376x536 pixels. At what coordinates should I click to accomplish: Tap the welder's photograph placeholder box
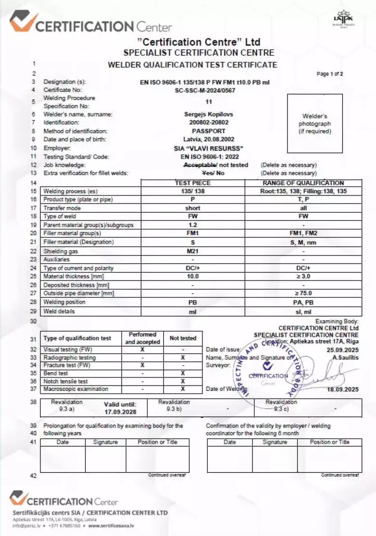click(314, 123)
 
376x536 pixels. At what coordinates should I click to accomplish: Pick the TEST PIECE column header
click(192, 183)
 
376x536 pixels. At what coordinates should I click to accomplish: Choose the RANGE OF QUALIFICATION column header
click(303, 183)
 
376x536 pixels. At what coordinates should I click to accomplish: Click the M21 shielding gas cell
click(192, 251)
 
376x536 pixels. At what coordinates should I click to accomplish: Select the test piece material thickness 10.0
click(192, 276)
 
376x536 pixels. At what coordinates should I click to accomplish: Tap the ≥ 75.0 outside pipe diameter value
click(303, 293)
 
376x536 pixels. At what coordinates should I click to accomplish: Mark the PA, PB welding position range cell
click(303, 302)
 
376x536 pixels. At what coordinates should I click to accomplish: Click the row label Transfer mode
click(62, 208)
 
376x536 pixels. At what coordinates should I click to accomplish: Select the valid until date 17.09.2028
click(121, 412)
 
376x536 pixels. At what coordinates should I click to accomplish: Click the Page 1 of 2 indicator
click(330, 74)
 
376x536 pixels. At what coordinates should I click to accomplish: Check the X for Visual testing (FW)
click(142, 349)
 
